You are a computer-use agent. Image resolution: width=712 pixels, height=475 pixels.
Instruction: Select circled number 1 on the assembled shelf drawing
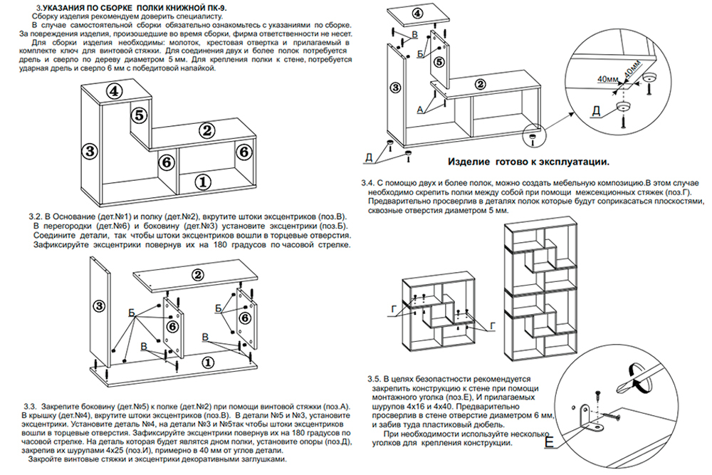coord(204,182)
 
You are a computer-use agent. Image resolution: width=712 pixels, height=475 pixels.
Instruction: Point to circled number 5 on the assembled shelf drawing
coord(140,114)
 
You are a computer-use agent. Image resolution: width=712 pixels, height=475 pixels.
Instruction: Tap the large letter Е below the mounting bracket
coord(548,444)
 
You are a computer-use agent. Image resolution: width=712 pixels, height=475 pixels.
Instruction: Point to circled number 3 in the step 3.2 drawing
coord(99,305)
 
